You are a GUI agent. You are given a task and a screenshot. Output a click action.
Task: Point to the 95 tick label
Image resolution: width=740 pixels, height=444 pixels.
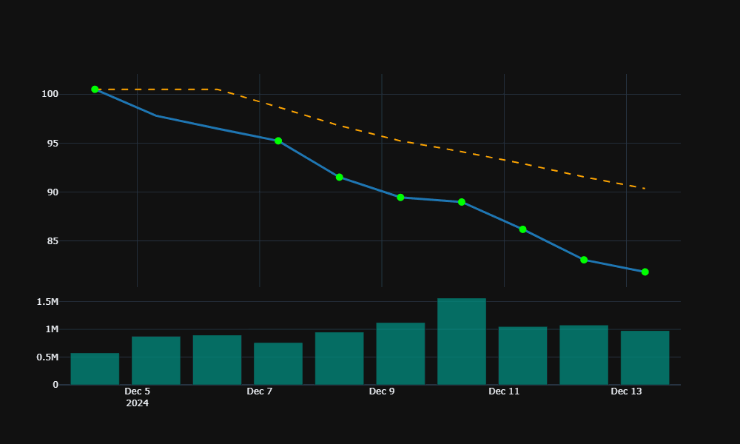[x=51, y=144]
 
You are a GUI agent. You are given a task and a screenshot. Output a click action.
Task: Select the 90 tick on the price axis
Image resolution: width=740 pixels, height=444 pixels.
[x=51, y=192]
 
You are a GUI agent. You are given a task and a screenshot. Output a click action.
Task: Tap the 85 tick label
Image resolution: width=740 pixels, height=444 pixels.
[x=51, y=241]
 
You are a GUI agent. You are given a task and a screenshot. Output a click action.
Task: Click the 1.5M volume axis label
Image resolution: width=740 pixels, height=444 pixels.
[x=47, y=302]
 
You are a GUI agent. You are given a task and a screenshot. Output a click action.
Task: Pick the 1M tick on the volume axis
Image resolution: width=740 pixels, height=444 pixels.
[x=51, y=329]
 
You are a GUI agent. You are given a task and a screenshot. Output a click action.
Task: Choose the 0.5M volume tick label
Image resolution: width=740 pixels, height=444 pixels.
[x=47, y=357]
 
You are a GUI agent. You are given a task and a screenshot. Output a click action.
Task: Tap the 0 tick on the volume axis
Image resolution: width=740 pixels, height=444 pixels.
[x=55, y=385]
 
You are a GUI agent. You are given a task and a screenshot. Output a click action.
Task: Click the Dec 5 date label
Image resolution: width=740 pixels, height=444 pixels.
[x=137, y=391]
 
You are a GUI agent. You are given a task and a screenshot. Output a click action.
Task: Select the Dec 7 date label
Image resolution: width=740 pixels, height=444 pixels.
[x=259, y=391]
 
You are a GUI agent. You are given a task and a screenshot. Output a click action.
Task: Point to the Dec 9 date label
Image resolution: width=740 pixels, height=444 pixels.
[x=382, y=391]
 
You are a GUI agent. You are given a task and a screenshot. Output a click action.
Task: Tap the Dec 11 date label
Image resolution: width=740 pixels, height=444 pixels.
[x=504, y=391]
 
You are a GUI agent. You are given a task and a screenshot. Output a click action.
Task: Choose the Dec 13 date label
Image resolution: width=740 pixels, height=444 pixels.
[x=626, y=391]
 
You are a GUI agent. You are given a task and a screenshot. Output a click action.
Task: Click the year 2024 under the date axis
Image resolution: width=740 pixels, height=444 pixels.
[x=137, y=403]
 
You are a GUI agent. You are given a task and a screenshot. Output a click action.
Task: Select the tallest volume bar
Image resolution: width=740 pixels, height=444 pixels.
[x=462, y=342]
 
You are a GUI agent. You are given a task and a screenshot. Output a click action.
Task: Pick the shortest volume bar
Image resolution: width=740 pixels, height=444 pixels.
[x=95, y=369]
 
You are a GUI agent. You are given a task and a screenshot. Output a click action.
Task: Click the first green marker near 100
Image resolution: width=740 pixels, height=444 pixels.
[x=95, y=90]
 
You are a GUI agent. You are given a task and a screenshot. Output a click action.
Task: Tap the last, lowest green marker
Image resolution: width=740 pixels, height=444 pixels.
[x=645, y=272]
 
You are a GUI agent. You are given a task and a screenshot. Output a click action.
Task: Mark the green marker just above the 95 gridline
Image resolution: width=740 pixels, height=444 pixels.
[x=278, y=141]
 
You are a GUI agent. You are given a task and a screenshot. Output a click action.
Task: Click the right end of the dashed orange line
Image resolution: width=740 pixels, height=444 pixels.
[x=645, y=189]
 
